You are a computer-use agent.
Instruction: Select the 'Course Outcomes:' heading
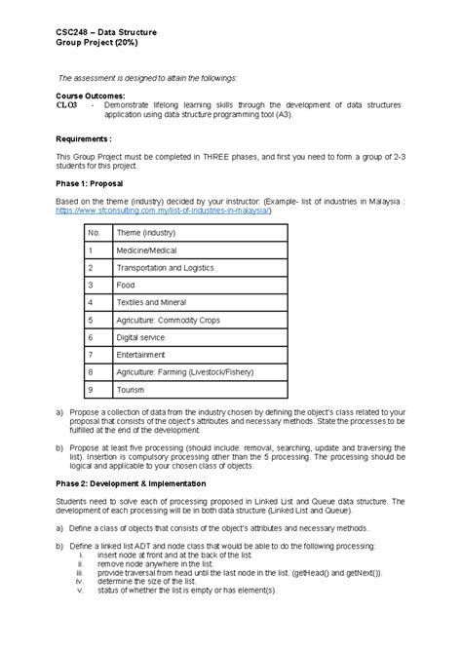tap(90, 96)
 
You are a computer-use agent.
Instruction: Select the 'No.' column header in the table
tap(95, 233)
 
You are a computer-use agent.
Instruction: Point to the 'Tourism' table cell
tap(132, 389)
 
